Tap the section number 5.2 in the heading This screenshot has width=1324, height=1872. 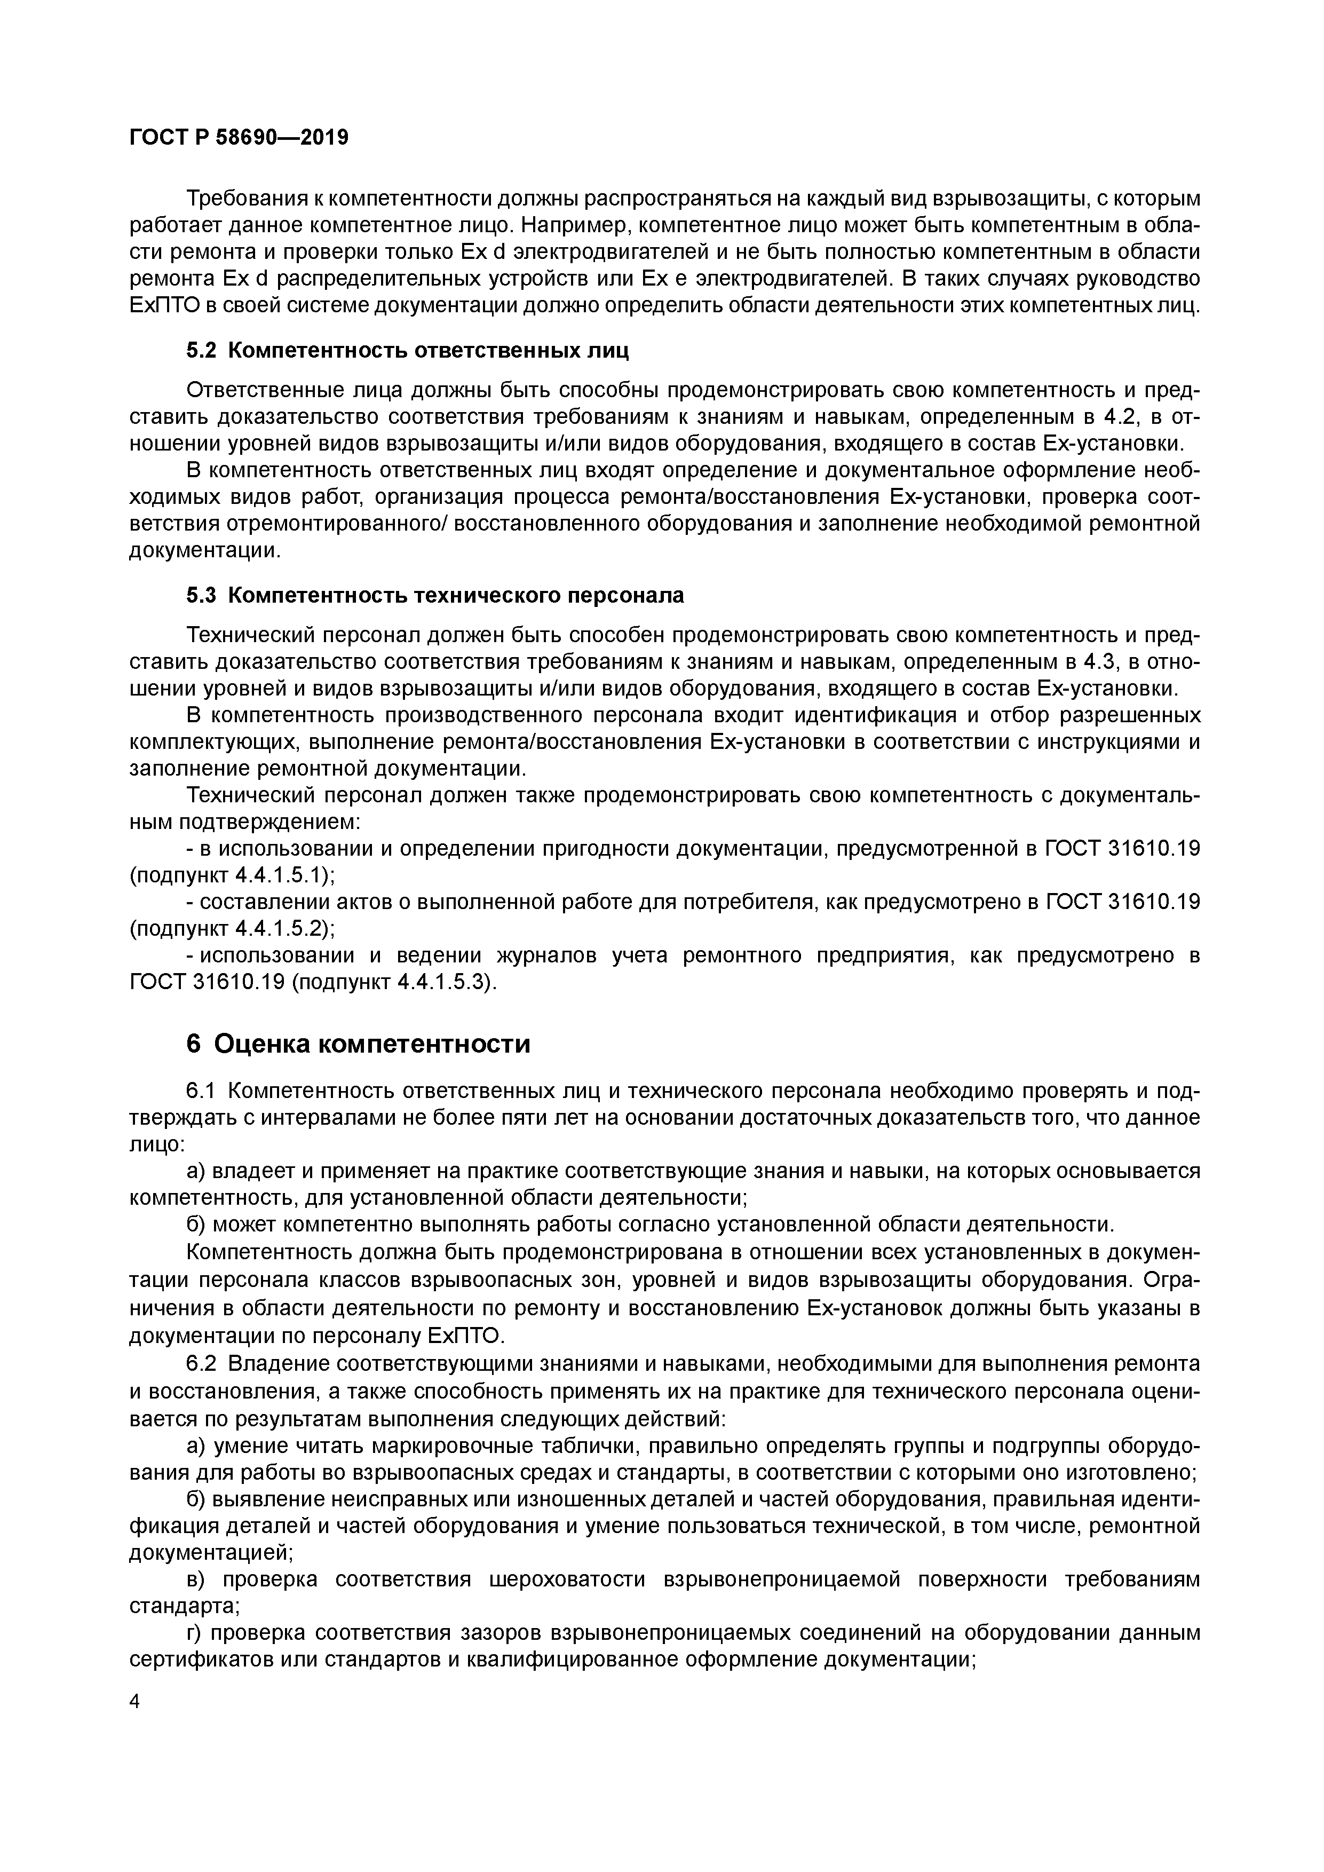click(201, 351)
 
